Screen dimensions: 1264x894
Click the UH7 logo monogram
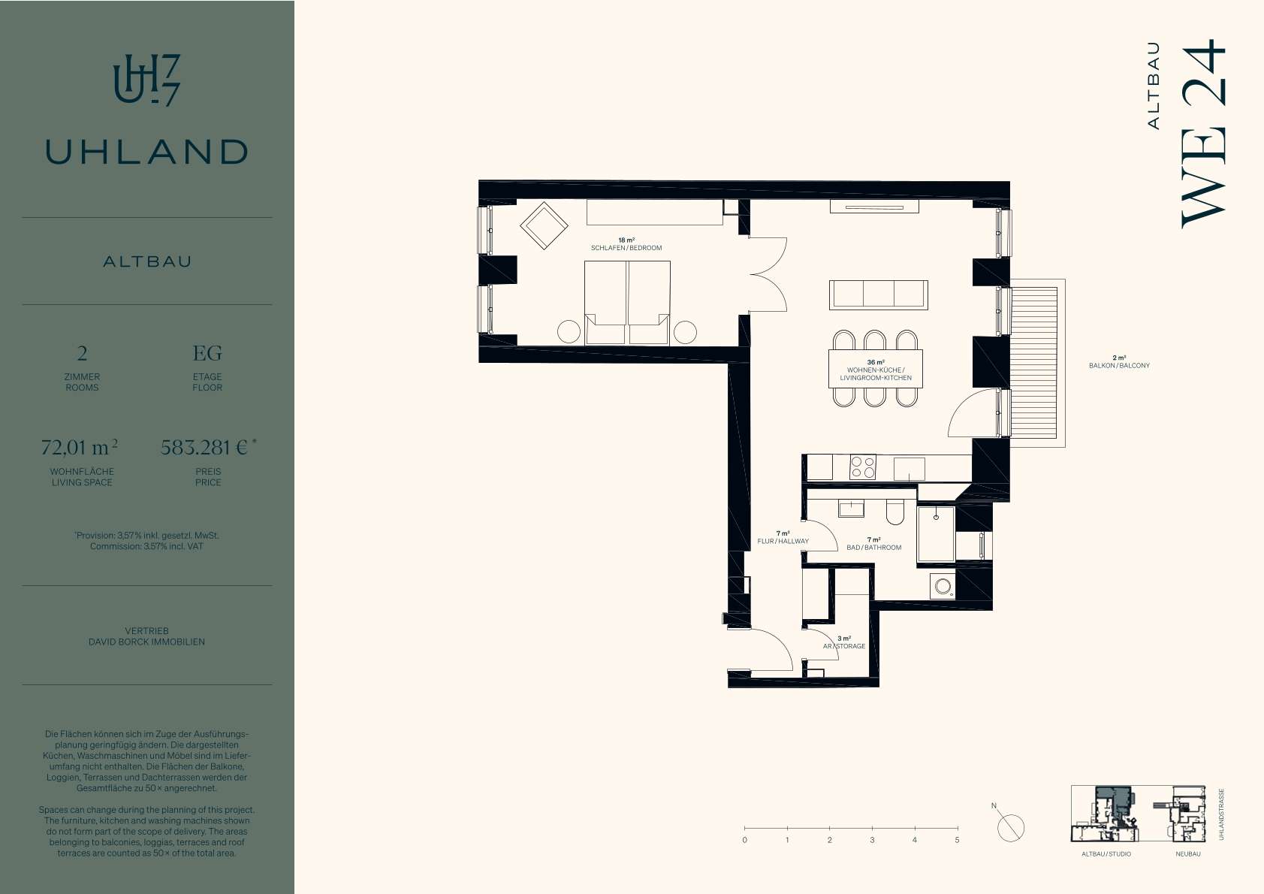[146, 80]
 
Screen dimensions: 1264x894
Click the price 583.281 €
[204, 447]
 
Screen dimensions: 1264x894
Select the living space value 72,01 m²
[80, 447]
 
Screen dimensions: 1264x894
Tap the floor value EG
[207, 353]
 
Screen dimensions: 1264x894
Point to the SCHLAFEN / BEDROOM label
[626, 248]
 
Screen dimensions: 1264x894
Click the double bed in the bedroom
[627, 303]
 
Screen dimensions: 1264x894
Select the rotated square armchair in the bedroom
[544, 226]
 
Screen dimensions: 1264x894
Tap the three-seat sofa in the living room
[878, 295]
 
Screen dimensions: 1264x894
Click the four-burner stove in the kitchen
[863, 467]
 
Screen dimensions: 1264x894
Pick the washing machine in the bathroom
[943, 586]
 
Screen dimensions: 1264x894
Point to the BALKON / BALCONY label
[1119, 366]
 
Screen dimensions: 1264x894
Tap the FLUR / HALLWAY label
[783, 541]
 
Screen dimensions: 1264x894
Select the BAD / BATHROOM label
[873, 548]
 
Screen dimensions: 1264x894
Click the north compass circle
[1011, 829]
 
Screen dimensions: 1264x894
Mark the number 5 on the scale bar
[957, 840]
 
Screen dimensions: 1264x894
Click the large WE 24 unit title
[1204, 134]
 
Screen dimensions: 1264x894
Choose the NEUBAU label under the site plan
[1188, 854]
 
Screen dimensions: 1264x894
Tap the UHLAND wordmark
[146, 152]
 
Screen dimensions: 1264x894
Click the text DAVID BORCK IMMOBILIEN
[146, 642]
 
